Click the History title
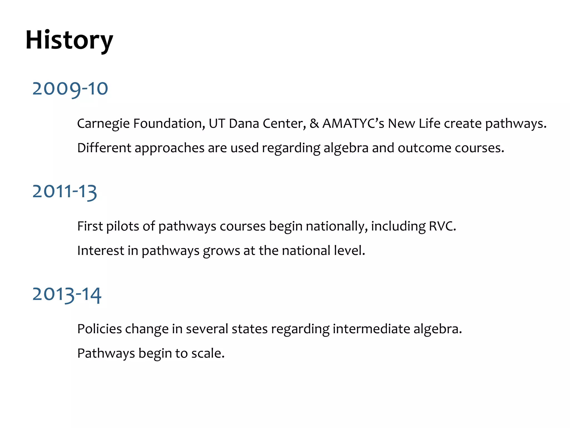pyautogui.click(x=69, y=40)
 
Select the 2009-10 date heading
pyautogui.click(x=70, y=89)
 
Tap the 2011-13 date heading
pyautogui.click(x=65, y=191)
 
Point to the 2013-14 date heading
pyautogui.click(x=67, y=294)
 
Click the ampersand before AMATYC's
pyautogui.click(x=314, y=123)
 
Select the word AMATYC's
pyautogui.click(x=353, y=123)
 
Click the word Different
pyautogui.click(x=104, y=148)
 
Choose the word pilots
pyautogui.click(x=123, y=226)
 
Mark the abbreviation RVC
pyautogui.click(x=442, y=226)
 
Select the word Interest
pyautogui.click(x=100, y=250)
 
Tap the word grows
pyautogui.click(x=221, y=251)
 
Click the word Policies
pyautogui.click(x=99, y=329)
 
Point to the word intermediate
pyautogui.click(x=371, y=329)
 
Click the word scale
pyautogui.click(x=207, y=353)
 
